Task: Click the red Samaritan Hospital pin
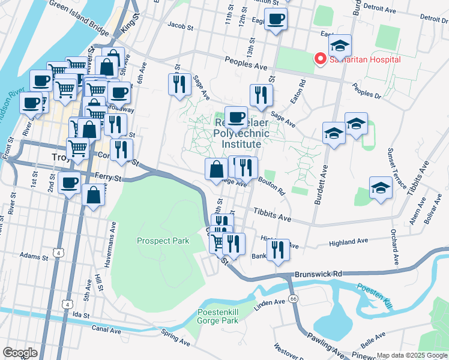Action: (x=320, y=59)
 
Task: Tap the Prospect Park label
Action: (x=163, y=241)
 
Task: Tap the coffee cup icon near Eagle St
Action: (x=276, y=19)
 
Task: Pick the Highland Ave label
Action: (x=348, y=242)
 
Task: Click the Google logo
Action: (x=19, y=353)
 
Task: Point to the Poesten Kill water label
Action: (x=375, y=295)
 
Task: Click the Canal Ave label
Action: (x=107, y=329)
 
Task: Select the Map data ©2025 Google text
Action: (x=411, y=355)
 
